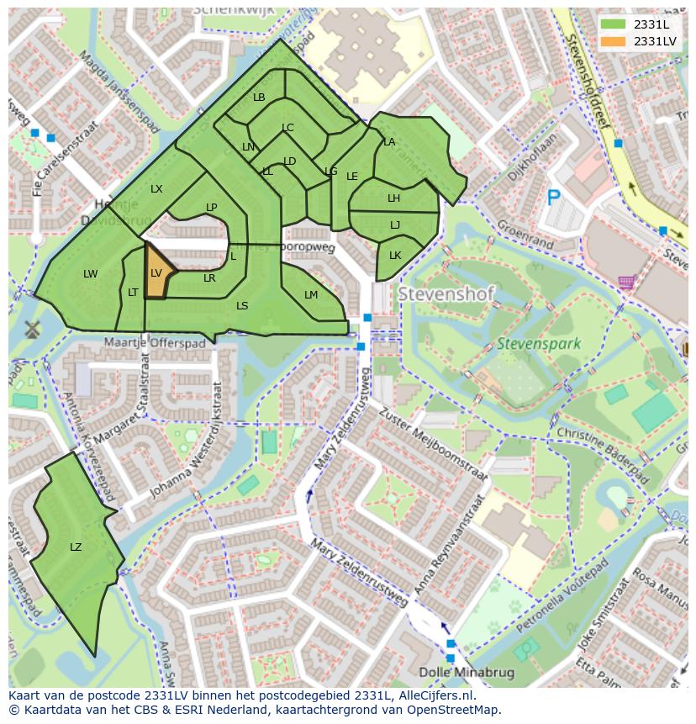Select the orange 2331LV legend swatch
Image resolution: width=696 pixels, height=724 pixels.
point(614,40)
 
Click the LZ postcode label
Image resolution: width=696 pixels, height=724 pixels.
point(76,547)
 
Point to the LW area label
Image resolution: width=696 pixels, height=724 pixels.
point(91,274)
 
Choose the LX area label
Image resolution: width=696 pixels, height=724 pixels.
point(156,189)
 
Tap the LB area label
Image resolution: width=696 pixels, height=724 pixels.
point(259,98)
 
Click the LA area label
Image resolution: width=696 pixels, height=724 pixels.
point(389,142)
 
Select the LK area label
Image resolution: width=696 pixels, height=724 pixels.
point(395,256)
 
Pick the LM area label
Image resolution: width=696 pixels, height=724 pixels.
point(311,294)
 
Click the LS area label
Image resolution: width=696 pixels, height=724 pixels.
point(242,306)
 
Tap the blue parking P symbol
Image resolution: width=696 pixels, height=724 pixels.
point(553,198)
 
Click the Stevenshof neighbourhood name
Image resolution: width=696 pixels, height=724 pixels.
point(446,295)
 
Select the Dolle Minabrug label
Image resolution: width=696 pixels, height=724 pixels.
point(471,671)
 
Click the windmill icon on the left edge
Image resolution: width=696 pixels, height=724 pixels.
point(33,329)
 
